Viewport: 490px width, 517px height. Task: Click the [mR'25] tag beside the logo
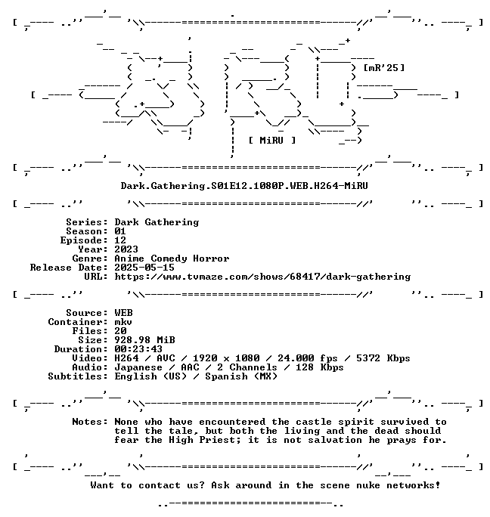click(x=383, y=68)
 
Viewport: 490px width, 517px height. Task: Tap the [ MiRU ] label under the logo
click(x=272, y=141)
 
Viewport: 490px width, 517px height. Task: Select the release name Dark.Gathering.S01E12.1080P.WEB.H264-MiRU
click(x=244, y=186)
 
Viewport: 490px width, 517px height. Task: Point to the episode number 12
click(x=120, y=240)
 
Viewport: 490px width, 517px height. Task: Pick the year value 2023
click(x=126, y=249)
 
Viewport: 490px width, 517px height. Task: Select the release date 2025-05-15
click(x=144, y=268)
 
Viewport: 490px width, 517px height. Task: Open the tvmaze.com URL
click(x=262, y=277)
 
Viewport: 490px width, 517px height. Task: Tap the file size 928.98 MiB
click(x=144, y=340)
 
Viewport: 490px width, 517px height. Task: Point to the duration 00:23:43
click(x=138, y=349)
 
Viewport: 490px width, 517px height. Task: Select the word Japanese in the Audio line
click(x=138, y=367)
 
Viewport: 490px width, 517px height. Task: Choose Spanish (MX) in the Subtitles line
click(x=241, y=376)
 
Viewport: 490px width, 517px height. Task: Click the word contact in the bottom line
click(x=160, y=485)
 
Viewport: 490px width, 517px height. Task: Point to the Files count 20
click(x=120, y=331)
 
